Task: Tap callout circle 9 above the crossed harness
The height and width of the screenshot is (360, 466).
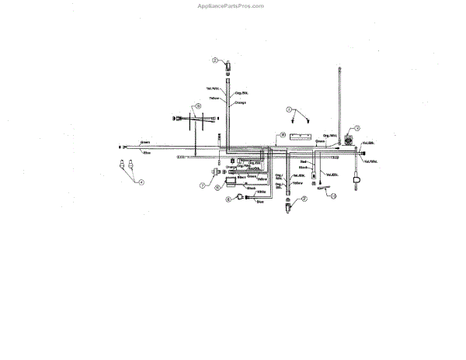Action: click(x=197, y=106)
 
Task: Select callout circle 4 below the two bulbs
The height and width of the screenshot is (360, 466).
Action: click(x=141, y=182)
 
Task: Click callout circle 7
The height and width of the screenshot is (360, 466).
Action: click(x=201, y=185)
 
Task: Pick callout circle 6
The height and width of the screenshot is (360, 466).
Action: click(x=228, y=199)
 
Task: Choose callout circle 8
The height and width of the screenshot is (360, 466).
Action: click(x=283, y=136)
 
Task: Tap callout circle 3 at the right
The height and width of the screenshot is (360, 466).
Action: click(x=358, y=128)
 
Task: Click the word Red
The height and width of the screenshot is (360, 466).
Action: click(x=304, y=161)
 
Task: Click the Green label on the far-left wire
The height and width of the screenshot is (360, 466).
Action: click(x=145, y=143)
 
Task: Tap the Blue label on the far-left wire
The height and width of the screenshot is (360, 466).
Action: click(x=145, y=152)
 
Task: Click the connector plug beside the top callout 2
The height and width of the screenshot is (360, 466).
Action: click(x=228, y=65)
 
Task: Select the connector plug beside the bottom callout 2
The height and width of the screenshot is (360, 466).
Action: click(x=289, y=205)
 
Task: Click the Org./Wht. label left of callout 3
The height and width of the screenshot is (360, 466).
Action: click(x=329, y=136)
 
